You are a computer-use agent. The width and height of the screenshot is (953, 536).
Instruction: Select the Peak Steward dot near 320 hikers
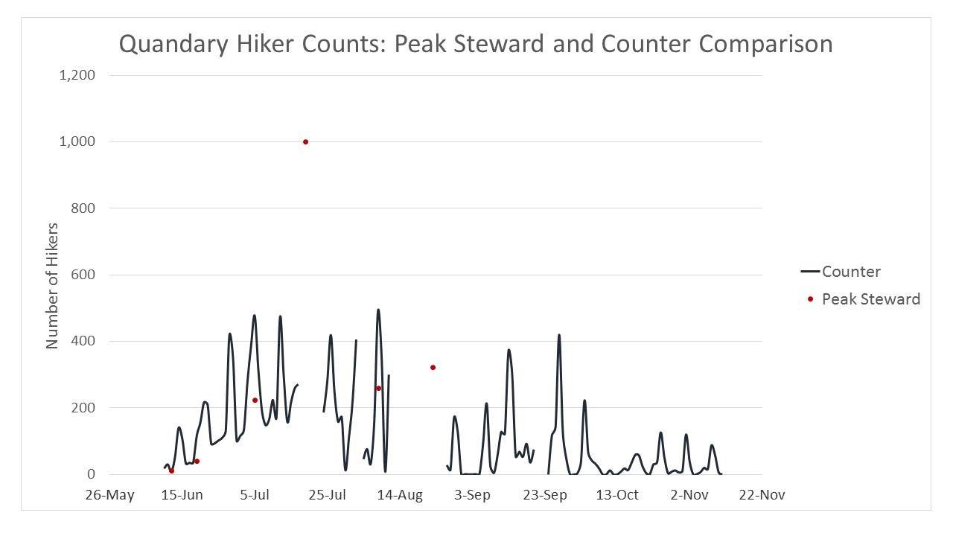click(x=433, y=367)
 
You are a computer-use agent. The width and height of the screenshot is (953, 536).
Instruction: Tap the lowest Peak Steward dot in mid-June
click(x=171, y=470)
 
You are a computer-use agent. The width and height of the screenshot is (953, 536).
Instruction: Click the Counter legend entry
click(x=850, y=272)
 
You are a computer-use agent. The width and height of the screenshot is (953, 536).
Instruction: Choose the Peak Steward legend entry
click(x=870, y=299)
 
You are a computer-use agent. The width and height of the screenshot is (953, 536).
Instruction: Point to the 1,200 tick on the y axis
click(x=77, y=75)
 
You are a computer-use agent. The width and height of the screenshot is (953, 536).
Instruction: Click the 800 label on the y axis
click(x=82, y=208)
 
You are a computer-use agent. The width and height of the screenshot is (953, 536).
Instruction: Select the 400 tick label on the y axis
click(x=82, y=341)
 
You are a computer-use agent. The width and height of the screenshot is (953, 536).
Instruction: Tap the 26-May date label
click(x=109, y=495)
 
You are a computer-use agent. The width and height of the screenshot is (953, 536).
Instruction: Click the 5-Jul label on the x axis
click(x=255, y=495)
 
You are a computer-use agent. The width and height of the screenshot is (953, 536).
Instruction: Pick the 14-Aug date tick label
click(x=400, y=495)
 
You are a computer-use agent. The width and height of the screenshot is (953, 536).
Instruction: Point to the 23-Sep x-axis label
click(x=545, y=495)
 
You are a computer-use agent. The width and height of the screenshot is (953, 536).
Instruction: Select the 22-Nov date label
click(x=762, y=495)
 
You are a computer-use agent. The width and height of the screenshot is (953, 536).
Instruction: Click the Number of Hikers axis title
click(x=52, y=285)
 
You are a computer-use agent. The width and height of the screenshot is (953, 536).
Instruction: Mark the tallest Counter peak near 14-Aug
click(x=378, y=310)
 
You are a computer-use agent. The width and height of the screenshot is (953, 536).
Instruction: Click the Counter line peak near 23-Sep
click(x=558, y=335)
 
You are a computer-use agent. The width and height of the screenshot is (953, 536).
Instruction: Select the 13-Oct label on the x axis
click(x=617, y=495)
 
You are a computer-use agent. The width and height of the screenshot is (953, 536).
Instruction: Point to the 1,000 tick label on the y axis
click(x=77, y=141)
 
